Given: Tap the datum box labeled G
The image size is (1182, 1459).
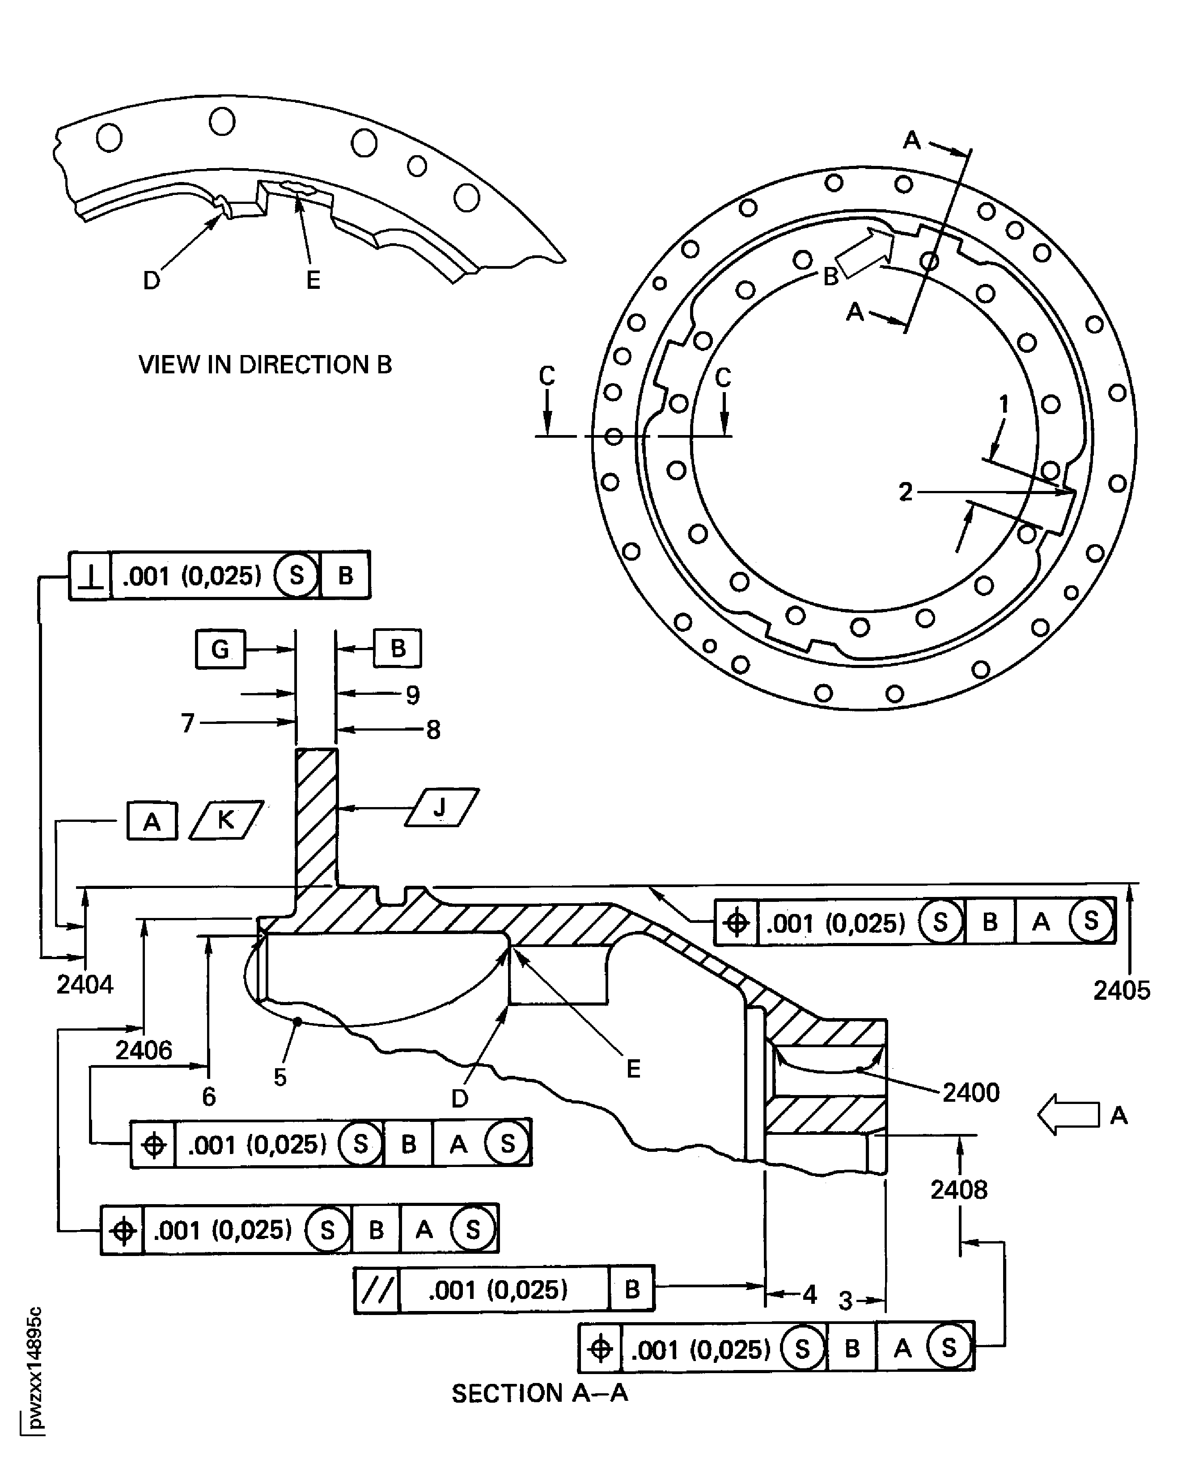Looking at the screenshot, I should point(220,649).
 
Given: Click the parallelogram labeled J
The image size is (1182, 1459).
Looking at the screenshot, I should point(441,808).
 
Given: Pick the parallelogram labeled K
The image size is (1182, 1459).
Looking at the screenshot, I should point(226,820).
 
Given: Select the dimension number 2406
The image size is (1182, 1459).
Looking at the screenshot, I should point(144,1050).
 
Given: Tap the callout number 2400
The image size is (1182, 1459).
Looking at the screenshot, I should point(970,1092).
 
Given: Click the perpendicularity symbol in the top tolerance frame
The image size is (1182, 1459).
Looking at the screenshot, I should point(90,576).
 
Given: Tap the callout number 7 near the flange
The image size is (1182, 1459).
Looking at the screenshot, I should point(188,723).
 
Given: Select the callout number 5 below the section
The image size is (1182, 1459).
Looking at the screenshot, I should point(280,1077).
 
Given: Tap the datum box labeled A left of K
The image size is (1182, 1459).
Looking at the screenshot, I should point(152,821).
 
